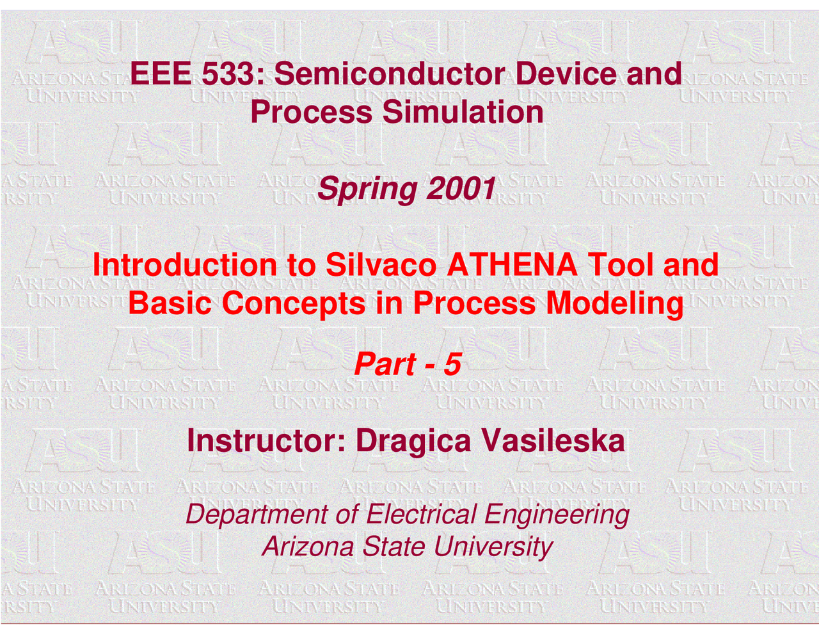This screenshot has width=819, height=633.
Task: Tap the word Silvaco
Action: (x=381, y=265)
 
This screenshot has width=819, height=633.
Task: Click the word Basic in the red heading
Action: (x=170, y=303)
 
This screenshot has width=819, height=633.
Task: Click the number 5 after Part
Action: (x=452, y=365)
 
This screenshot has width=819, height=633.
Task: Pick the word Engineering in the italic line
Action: (x=557, y=515)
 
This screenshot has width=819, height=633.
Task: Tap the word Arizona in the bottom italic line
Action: (x=308, y=547)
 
